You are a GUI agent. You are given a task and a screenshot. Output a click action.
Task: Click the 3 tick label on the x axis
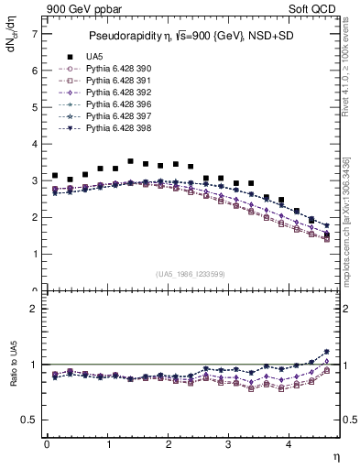(229, 445)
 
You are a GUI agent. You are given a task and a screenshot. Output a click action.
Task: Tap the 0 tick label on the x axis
(47, 445)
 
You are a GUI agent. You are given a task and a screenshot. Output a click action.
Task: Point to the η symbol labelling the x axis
(336, 455)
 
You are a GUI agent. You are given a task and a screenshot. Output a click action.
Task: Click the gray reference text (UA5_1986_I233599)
(192, 274)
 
